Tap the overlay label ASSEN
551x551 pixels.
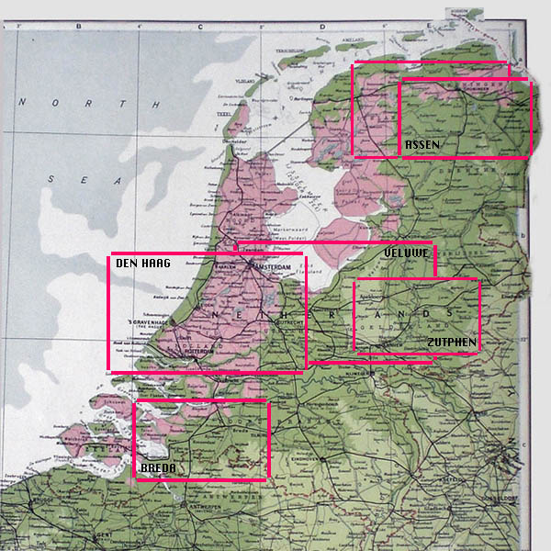coord(422,145)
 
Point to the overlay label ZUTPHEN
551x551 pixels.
coord(451,343)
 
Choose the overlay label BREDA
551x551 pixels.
coord(158,468)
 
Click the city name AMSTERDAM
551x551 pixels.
coord(279,266)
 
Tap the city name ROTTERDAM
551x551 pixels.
coord(208,350)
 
